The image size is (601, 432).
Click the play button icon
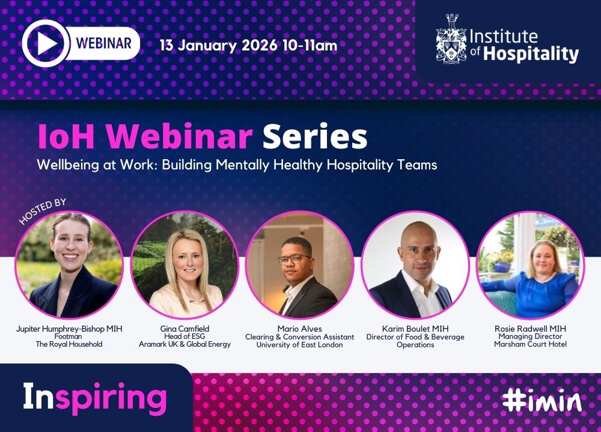46,43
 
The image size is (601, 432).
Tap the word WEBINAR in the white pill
104,43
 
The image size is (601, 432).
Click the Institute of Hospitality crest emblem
451,38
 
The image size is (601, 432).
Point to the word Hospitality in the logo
531,53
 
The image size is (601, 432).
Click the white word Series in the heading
315,136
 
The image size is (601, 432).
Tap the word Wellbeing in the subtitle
67,165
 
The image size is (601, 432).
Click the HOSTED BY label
43,211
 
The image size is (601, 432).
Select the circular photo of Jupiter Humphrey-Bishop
69,265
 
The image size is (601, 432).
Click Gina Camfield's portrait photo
185,265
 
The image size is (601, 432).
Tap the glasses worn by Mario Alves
294,259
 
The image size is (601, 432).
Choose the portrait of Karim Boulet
415,265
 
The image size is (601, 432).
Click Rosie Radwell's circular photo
531,265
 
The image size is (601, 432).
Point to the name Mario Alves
300,329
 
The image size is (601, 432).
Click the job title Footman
69,336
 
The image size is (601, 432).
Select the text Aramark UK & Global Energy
185,344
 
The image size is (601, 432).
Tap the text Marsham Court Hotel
530,344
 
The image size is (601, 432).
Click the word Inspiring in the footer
95,398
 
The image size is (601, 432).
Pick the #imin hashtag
542,400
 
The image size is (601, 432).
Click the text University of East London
300,345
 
